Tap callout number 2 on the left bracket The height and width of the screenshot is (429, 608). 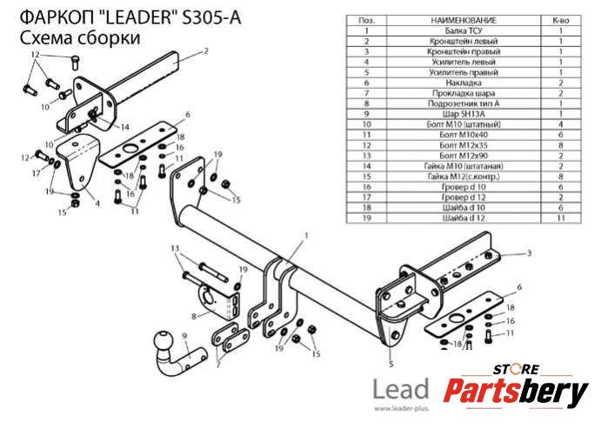click(206, 50)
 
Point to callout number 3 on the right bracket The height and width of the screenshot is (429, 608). click(529, 253)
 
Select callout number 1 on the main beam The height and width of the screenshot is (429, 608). click(306, 236)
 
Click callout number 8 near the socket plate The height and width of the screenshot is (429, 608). click(194, 317)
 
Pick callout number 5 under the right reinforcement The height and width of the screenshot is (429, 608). click(391, 365)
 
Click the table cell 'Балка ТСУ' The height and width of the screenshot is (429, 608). click(464, 31)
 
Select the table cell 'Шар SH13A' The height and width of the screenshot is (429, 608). click(464, 114)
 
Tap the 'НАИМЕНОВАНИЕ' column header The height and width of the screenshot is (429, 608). click(464, 21)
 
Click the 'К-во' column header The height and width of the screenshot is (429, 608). click(561, 21)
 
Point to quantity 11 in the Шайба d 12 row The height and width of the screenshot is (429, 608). click(561, 218)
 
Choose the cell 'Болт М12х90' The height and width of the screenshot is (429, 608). click(464, 156)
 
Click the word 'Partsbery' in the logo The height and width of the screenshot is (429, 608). click(516, 391)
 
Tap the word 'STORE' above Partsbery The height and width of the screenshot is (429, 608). click(516, 369)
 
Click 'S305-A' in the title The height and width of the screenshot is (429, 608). click(211, 17)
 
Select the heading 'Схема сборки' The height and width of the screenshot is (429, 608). click(79, 38)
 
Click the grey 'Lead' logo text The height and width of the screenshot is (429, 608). click(401, 389)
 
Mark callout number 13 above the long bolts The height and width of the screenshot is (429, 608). click(175, 249)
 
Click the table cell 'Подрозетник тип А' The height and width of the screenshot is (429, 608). click(464, 104)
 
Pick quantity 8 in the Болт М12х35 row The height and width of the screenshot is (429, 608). click(561, 145)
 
